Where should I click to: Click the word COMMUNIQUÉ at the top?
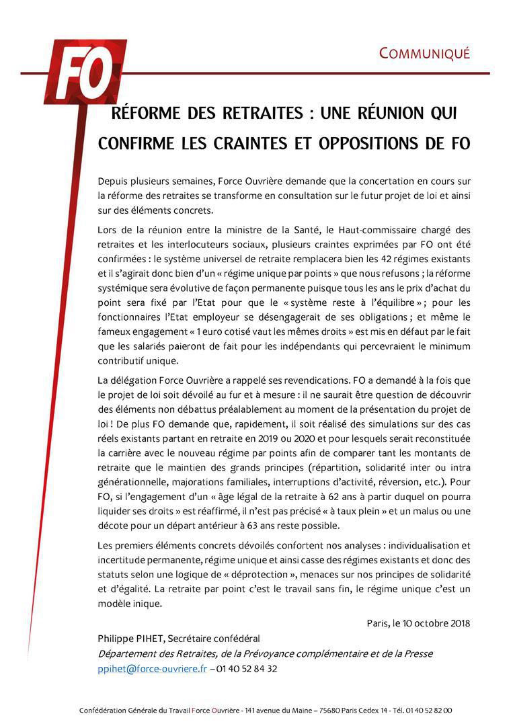pos(424,54)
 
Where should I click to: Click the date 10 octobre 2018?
pos(438,623)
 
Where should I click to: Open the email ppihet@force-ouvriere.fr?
pos(152,669)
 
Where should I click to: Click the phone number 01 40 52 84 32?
pos(247,669)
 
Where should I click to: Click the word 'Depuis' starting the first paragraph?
pos(113,182)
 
